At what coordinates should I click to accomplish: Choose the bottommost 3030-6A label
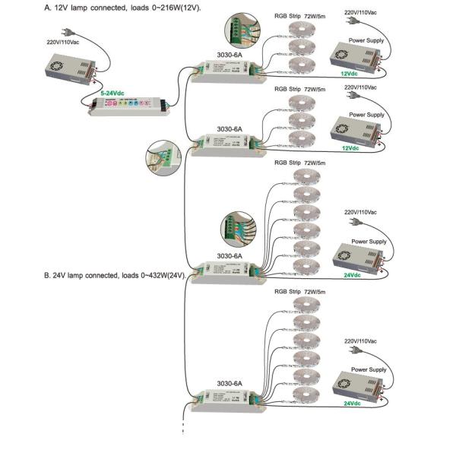(230, 384)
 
